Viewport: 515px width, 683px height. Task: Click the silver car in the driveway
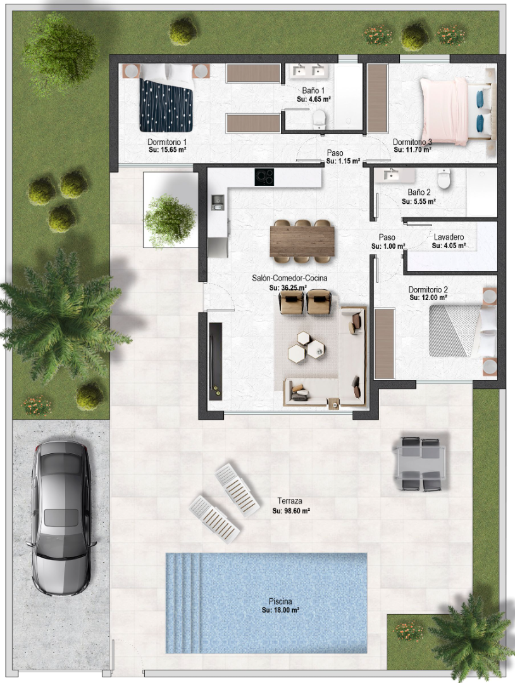(x=61, y=518)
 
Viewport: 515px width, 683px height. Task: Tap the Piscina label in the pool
(x=280, y=601)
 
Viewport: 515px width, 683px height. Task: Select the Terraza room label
(x=290, y=501)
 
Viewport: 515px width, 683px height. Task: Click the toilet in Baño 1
(x=320, y=118)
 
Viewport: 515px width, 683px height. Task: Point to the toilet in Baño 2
(x=444, y=179)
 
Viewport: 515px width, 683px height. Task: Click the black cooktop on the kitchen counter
(x=264, y=177)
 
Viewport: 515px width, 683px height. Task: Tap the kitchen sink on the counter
(x=217, y=202)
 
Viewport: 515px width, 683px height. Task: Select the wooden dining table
(x=302, y=241)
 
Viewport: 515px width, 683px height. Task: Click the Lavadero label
(x=449, y=237)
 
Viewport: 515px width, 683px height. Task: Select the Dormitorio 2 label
(x=428, y=290)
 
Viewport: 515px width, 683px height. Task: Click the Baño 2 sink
(x=395, y=175)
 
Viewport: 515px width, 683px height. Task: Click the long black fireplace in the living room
(x=216, y=361)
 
